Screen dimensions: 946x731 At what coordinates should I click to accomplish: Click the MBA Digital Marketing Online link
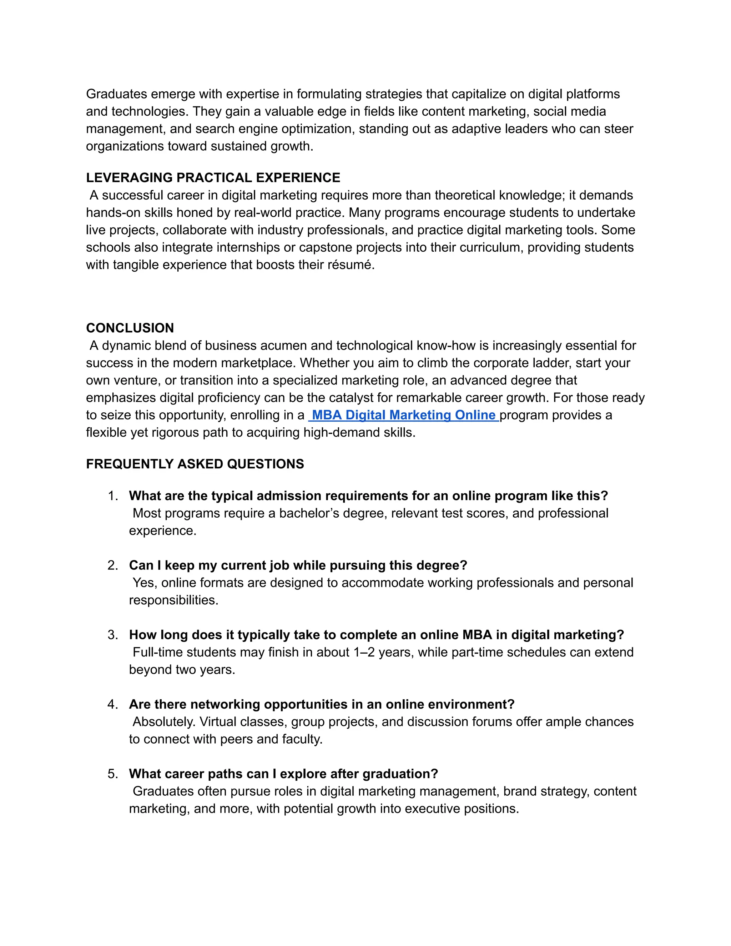click(x=404, y=415)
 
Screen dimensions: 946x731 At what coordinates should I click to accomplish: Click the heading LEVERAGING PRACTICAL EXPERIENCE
click(x=213, y=177)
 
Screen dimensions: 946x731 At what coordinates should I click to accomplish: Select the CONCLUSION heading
click(x=130, y=328)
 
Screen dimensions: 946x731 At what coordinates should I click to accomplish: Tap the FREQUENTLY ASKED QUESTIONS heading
click(x=195, y=464)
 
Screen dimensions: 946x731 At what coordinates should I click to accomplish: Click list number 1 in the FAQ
click(x=112, y=496)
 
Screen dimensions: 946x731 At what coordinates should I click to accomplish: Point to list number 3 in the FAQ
click(x=112, y=635)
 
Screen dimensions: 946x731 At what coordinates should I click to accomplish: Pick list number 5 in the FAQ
click(x=112, y=774)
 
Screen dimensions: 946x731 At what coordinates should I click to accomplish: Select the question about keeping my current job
click(x=298, y=565)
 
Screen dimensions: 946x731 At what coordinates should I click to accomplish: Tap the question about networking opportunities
click(x=321, y=704)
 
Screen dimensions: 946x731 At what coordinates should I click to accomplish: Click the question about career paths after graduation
click(x=283, y=774)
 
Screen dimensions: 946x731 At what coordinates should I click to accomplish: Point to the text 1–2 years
click(x=379, y=652)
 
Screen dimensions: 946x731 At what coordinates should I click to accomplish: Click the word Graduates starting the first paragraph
click(x=116, y=94)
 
